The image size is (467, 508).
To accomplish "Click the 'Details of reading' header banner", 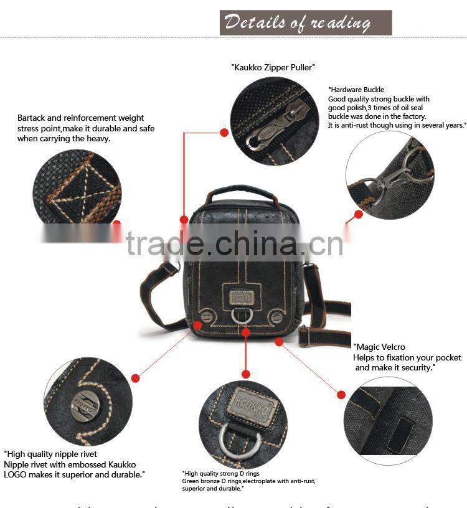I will pos(305,22).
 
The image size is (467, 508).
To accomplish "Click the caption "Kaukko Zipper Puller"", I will pos(273,67).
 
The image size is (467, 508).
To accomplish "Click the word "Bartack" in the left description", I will pos(32,118).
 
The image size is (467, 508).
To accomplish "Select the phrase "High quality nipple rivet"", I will pos(51,454).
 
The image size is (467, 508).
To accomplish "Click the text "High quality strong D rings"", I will pos(220,474).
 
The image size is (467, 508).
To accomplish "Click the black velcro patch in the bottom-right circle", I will pos(400,433).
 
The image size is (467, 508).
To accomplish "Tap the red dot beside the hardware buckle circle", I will pos(359,214).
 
